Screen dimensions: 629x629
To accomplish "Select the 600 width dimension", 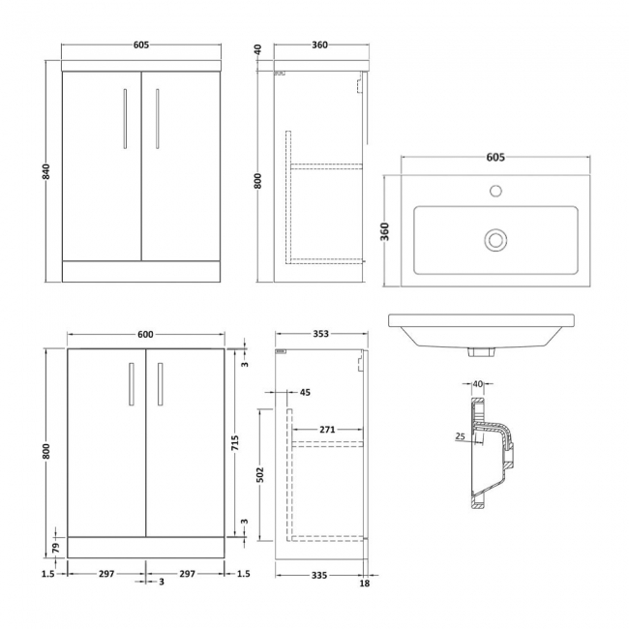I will click(x=146, y=334).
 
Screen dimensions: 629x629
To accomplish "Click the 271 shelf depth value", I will click(x=327, y=428).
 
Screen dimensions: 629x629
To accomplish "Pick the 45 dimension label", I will click(x=306, y=393).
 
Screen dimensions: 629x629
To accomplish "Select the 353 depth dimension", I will click(x=321, y=334).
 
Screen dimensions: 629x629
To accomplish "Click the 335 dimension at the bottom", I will click(x=319, y=574).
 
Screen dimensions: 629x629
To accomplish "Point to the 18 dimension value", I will click(x=364, y=584).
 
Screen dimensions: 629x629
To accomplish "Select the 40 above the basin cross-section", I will click(x=478, y=384).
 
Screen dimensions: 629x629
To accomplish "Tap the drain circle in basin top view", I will click(x=495, y=236).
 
